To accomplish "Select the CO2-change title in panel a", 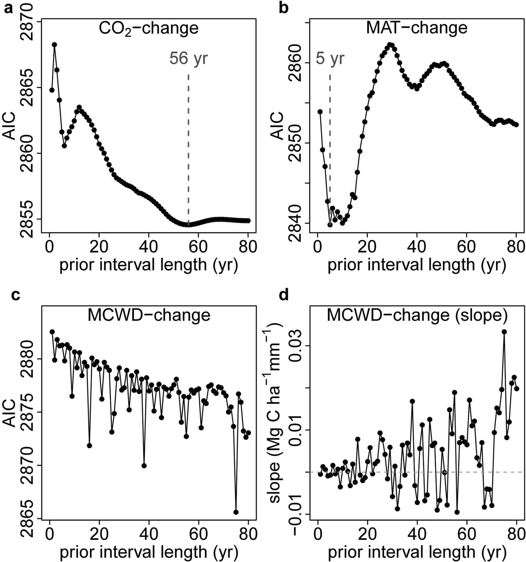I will tap(149, 28).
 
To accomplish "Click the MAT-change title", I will tap(417, 28).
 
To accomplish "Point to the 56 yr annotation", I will tap(189, 58).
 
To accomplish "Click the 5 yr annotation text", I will tap(330, 58).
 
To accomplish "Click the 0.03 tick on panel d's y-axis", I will tap(296, 346).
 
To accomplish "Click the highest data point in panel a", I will tap(54, 45).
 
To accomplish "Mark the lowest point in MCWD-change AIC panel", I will tap(236, 512).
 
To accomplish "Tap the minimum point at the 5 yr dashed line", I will tap(330, 225).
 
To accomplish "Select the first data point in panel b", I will tap(320, 112).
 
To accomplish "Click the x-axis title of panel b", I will tap(417, 265).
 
